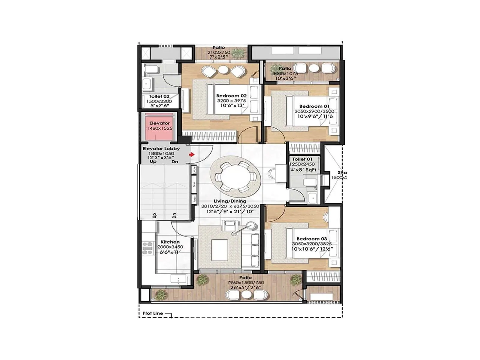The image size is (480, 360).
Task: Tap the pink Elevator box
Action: (x=160, y=126)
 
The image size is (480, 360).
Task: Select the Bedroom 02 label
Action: (x=231, y=96)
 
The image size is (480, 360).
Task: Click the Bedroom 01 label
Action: (x=314, y=106)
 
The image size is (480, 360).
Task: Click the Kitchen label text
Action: (x=170, y=242)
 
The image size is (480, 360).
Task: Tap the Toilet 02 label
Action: (x=159, y=96)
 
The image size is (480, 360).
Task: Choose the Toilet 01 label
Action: (x=302, y=159)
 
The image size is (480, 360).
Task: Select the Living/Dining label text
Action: (x=230, y=201)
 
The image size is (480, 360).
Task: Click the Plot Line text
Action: (x=153, y=313)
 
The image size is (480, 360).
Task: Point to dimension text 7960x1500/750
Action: (x=245, y=283)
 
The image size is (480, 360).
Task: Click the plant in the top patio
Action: (x=239, y=53)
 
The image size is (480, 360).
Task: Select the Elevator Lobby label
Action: (x=161, y=148)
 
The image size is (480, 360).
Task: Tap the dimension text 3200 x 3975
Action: (x=231, y=101)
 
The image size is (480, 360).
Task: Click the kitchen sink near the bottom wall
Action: (x=178, y=279)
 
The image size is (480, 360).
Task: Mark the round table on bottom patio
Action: (x=247, y=295)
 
